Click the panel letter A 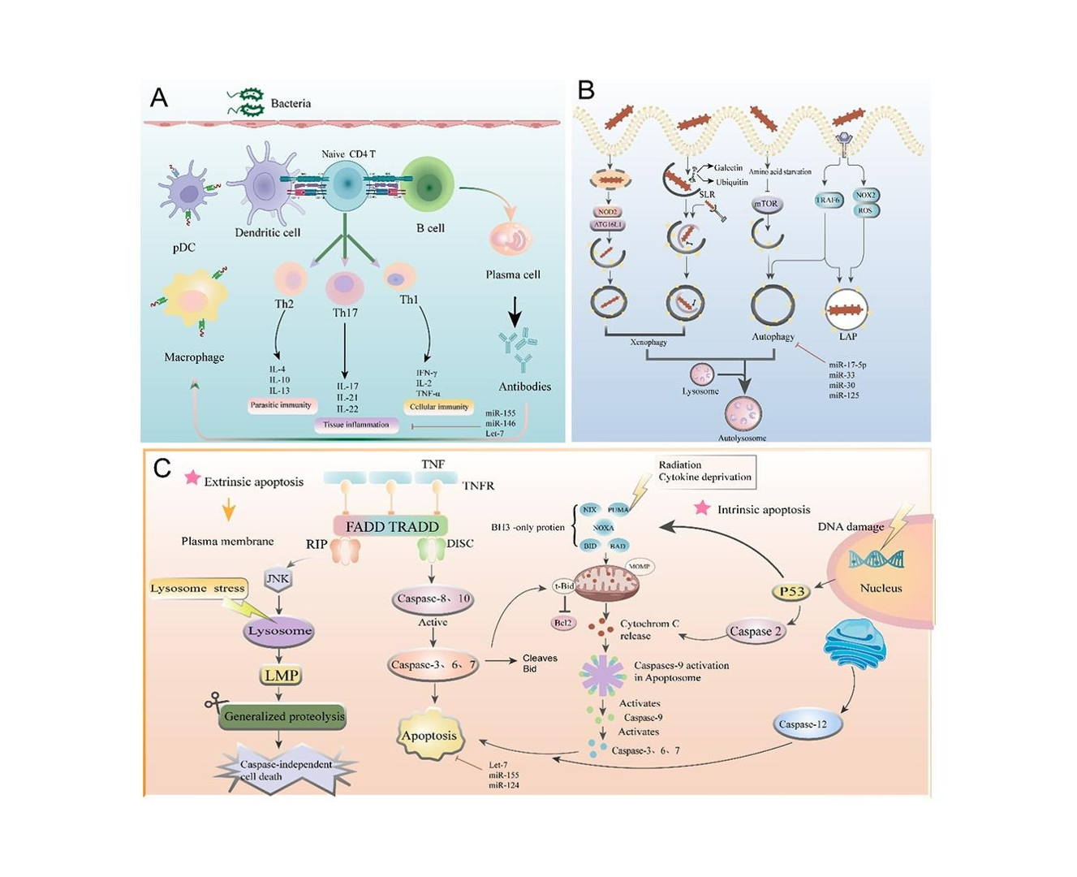coord(159,98)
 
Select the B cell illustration coord(429,186)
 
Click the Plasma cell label coord(513,274)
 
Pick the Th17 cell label coord(345,313)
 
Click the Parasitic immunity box coord(282,404)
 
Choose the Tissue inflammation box coord(356,424)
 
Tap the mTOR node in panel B coord(767,205)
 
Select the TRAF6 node coord(828,199)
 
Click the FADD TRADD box coord(392,526)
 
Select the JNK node coord(278,579)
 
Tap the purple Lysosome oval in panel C coord(279,631)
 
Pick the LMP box coord(279,675)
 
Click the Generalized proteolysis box coord(284,716)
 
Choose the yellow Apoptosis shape coord(429,736)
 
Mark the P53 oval coord(791,592)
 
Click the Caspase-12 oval coord(803,724)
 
